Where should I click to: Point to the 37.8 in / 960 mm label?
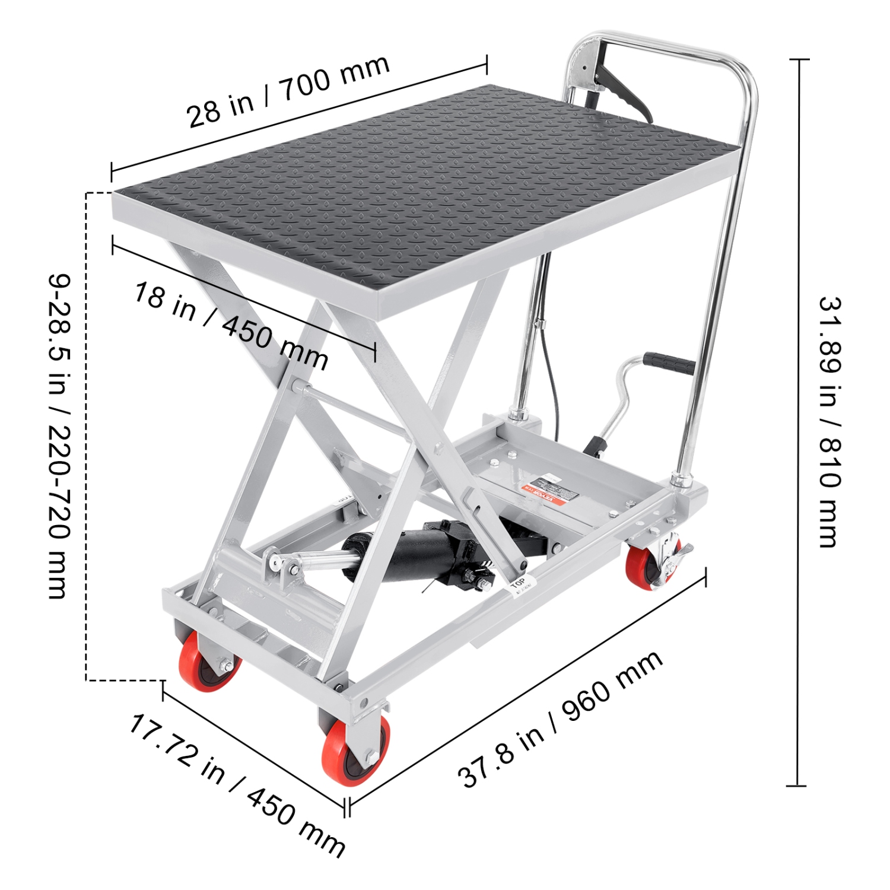560,719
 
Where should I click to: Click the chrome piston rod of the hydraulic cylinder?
323,560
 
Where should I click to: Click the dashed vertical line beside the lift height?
87,436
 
